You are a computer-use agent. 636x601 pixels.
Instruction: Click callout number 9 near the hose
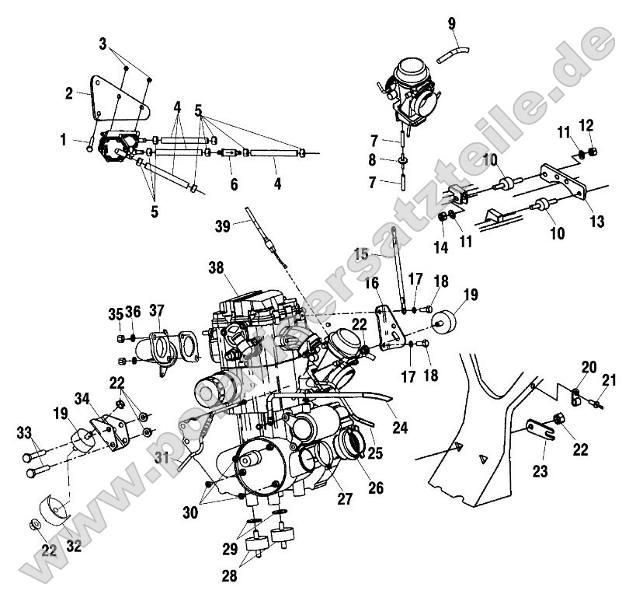click(x=451, y=23)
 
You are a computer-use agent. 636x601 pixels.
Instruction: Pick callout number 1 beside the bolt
click(x=64, y=140)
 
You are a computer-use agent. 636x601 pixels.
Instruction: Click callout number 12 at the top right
click(x=586, y=124)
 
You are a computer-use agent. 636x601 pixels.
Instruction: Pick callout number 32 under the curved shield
click(x=74, y=547)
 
